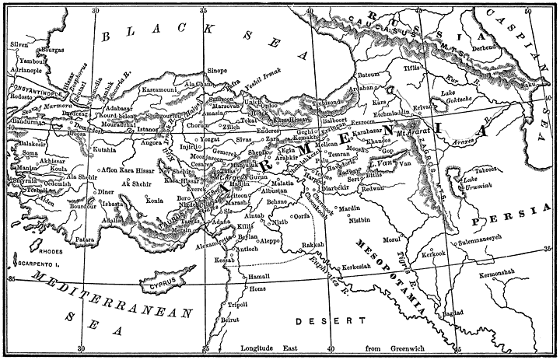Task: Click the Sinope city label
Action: (x=218, y=70)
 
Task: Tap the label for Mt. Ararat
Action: (x=414, y=133)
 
